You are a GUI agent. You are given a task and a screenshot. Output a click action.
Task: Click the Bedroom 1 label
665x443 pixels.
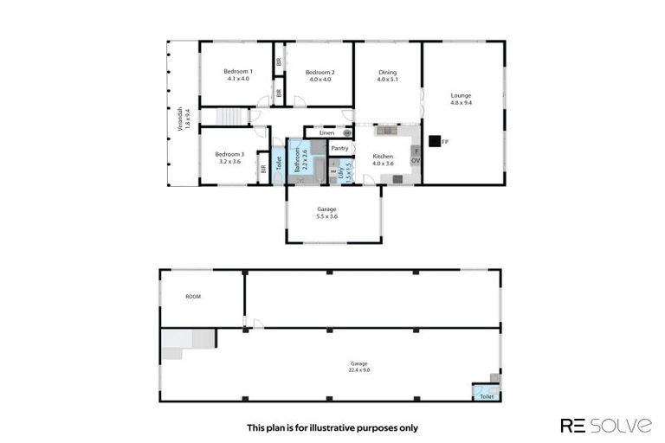[237, 71]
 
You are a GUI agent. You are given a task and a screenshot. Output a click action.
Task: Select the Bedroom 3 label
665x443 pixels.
[229, 153]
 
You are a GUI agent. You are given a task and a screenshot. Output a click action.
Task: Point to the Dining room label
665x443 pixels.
[387, 71]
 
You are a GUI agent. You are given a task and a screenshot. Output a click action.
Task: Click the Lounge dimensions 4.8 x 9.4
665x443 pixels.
[461, 103]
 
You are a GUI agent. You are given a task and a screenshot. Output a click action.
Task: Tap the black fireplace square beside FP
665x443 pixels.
[434, 140]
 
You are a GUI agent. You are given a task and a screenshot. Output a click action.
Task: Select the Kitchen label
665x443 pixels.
[383, 156]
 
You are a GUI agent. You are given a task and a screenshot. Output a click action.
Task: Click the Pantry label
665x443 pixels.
[339, 148]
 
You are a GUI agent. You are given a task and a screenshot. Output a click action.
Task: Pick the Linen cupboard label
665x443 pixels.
[326, 132]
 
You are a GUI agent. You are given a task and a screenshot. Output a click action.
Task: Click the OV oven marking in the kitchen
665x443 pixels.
[415, 161]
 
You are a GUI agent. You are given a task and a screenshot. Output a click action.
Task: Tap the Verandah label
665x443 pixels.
[181, 119]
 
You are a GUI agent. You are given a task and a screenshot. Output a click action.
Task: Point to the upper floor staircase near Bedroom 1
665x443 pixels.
[229, 116]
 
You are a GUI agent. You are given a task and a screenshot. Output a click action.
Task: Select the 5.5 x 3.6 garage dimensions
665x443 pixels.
[326, 216]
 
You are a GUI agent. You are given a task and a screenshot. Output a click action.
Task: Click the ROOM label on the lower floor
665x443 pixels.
[193, 296]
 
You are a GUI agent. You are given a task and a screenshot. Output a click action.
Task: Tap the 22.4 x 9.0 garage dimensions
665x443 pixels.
[358, 370]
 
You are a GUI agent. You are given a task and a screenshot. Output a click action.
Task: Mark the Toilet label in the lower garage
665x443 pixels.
[486, 396]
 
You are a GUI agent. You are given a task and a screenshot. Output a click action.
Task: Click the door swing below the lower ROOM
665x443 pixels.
[256, 324]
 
